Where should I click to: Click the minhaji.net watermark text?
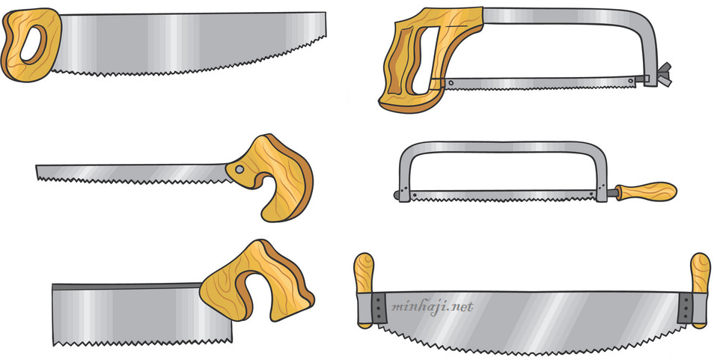432,306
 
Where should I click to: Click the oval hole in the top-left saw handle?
33,45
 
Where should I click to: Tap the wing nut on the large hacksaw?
665,74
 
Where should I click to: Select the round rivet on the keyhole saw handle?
240,170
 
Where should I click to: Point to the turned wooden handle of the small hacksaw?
645,191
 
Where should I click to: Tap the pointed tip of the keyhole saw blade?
37,172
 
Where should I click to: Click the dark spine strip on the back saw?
126,287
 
